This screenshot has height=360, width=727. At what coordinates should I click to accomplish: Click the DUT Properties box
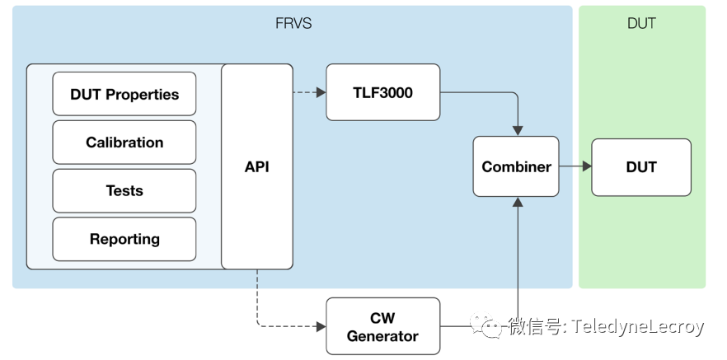[x=124, y=94]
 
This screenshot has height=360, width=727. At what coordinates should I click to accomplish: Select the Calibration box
[x=124, y=143]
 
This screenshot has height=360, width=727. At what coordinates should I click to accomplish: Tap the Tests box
[x=124, y=191]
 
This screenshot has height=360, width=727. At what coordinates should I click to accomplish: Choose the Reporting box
[x=124, y=240]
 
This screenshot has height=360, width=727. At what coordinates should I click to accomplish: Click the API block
[x=257, y=166]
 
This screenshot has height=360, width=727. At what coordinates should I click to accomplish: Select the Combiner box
[x=516, y=166]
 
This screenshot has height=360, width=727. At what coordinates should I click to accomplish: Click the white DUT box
[x=641, y=167]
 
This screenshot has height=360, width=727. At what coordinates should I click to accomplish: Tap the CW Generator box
[x=382, y=327]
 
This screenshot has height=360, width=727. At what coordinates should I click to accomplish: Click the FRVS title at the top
[x=293, y=23]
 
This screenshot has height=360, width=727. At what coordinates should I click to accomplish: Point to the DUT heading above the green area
[x=641, y=23]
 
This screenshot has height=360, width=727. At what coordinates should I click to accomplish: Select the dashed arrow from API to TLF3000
[x=309, y=93]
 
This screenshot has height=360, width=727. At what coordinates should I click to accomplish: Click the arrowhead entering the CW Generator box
[x=321, y=327]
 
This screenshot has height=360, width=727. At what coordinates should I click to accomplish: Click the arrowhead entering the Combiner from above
[x=518, y=130]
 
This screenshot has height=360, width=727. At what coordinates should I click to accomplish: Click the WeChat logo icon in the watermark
[x=487, y=327]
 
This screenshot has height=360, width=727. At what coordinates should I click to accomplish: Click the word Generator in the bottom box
[x=382, y=336]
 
